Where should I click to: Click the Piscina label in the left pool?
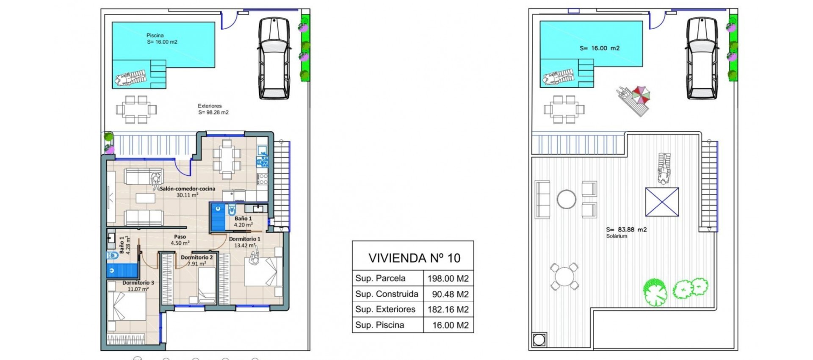(155, 36)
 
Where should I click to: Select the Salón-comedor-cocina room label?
(187, 191)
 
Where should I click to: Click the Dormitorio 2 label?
(196, 260)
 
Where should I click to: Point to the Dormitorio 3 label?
(138, 285)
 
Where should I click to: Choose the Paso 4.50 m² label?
(180, 240)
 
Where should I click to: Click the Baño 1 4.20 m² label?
(243, 222)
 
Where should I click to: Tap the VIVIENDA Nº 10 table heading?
(414, 258)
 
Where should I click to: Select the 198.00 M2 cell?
(448, 278)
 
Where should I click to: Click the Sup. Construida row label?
(387, 294)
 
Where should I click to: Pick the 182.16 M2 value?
(448, 309)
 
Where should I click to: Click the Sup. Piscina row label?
(379, 325)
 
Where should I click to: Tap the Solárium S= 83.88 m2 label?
(626, 232)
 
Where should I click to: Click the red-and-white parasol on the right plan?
(641, 94)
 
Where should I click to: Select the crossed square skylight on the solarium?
(662, 202)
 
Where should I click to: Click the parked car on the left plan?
(274, 58)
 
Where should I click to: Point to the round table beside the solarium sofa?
(566, 199)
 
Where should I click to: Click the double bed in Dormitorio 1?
(263, 271)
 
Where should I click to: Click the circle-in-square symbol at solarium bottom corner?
(539, 340)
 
